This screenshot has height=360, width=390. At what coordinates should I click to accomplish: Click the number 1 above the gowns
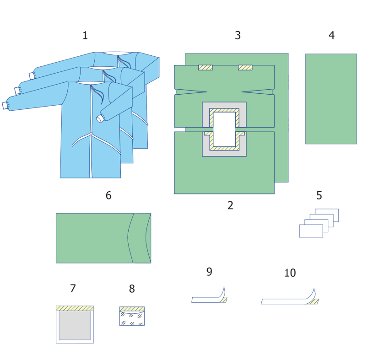(x=85, y=36)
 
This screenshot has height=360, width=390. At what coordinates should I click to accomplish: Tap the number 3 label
(x=238, y=36)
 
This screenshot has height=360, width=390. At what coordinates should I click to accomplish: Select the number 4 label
(x=331, y=36)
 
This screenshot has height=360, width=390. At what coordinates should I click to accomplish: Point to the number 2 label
(x=230, y=206)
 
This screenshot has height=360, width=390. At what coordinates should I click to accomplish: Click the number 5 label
(x=319, y=196)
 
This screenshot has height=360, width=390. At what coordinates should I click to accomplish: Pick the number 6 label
(x=108, y=196)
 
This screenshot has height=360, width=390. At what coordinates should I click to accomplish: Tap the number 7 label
(x=73, y=289)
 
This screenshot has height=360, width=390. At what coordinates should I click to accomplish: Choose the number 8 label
(x=132, y=289)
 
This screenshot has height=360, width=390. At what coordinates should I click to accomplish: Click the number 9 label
(x=209, y=272)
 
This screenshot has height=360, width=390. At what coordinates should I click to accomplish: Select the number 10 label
(x=290, y=273)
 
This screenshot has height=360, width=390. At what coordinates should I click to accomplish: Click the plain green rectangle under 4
(x=331, y=99)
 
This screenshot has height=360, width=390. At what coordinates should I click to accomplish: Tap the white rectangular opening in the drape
(x=224, y=129)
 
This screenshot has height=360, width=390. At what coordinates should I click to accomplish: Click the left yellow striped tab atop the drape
(x=205, y=68)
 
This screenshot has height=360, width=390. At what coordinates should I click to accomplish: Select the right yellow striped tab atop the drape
(x=245, y=68)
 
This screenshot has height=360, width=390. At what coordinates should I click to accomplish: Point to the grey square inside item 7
(x=75, y=325)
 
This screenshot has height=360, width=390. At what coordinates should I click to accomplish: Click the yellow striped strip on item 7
(x=75, y=308)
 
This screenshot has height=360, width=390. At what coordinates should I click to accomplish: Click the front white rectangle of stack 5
(x=311, y=231)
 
